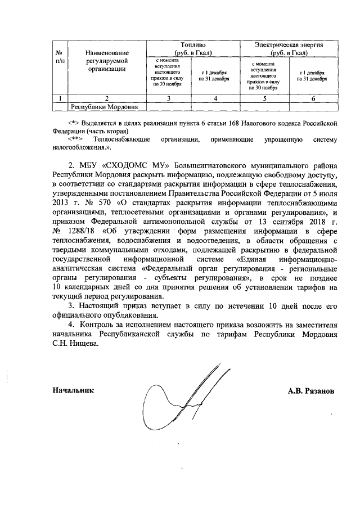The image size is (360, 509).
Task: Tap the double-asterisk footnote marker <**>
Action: tap(75, 138)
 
